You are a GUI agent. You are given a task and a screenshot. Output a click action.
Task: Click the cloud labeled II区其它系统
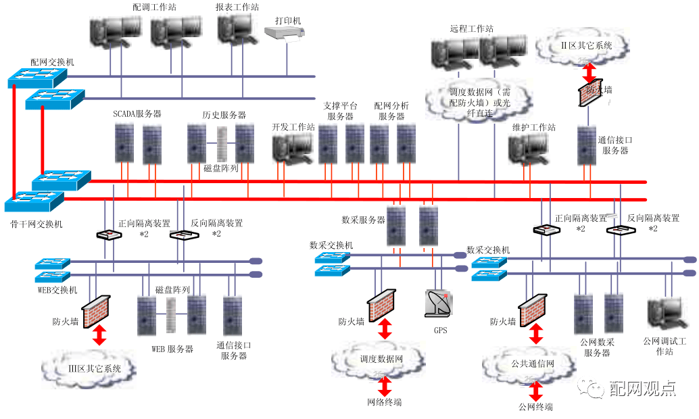click(x=581, y=46)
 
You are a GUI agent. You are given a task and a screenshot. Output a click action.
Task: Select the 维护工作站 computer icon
click(x=529, y=148)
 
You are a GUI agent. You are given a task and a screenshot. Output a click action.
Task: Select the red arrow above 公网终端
click(x=536, y=391)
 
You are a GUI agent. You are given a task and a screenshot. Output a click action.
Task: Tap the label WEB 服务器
click(x=172, y=349)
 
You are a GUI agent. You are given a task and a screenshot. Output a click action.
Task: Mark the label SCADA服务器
click(x=137, y=114)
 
